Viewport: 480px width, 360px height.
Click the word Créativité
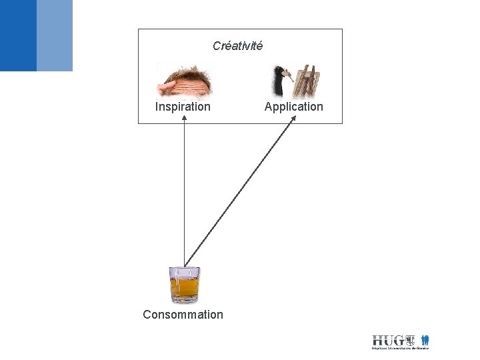pyautogui.click(x=237, y=46)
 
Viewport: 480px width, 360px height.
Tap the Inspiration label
pyautogui.click(x=183, y=107)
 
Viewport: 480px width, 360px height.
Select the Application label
pyautogui.click(x=293, y=107)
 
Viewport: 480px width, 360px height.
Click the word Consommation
pyautogui.click(x=183, y=314)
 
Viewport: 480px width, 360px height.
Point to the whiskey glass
pyautogui.click(x=184, y=285)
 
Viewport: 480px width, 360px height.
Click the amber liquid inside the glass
pyautogui.click(x=184, y=288)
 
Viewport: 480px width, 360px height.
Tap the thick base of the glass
pyautogui.click(x=184, y=300)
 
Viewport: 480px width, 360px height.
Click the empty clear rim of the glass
pyautogui.click(x=184, y=273)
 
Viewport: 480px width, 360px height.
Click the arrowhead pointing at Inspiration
pyautogui.click(x=184, y=119)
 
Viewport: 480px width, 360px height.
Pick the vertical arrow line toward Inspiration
pyautogui.click(x=184, y=193)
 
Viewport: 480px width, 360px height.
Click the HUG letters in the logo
pyautogui.click(x=387, y=340)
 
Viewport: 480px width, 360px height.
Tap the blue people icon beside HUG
pyautogui.click(x=425, y=340)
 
